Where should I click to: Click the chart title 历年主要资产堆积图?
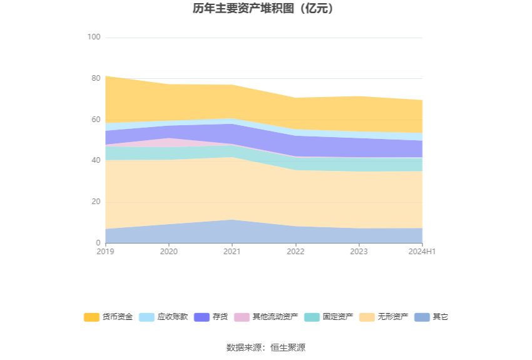(x=265, y=9)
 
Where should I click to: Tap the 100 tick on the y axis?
(x=94, y=38)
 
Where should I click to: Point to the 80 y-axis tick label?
(x=96, y=78)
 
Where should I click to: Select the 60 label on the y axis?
(x=96, y=120)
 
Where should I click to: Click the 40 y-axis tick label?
(x=96, y=161)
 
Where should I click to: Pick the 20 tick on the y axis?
(x=96, y=202)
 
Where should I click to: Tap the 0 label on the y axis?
(x=98, y=243)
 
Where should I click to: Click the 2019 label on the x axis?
(x=106, y=252)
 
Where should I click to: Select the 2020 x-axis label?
(x=169, y=252)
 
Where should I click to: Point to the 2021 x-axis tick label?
(x=232, y=252)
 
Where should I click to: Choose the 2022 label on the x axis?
(x=295, y=252)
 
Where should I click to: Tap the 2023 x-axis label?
(x=359, y=252)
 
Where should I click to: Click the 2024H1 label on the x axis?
(x=422, y=252)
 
